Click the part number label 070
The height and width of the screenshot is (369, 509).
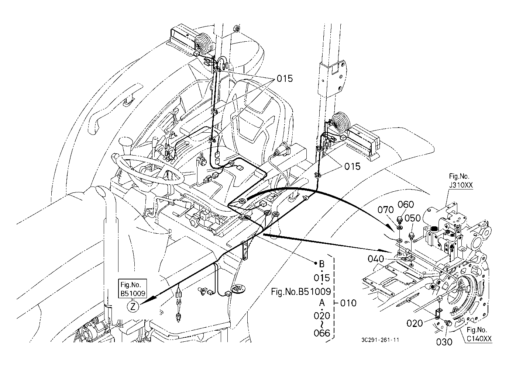385,210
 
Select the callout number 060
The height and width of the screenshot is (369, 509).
406,205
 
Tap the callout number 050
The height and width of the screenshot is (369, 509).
413,218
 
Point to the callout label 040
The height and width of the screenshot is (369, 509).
376,259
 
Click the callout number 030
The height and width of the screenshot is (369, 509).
444,342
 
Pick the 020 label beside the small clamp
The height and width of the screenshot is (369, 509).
415,323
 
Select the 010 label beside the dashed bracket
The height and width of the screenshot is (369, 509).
348,303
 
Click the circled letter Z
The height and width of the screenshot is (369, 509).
133,307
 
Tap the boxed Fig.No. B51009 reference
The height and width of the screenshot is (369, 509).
133,289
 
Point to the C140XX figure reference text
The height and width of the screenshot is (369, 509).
479,339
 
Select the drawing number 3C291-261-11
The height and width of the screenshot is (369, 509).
380,340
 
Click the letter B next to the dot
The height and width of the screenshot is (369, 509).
322,264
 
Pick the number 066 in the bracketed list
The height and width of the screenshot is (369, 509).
322,333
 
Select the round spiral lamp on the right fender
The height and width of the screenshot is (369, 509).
340,122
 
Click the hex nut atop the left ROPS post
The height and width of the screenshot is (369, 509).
236,28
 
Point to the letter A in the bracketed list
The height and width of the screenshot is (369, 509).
322,303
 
